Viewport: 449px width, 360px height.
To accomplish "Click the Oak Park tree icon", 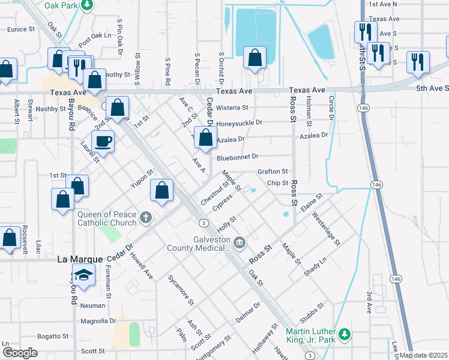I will [x=87, y=5].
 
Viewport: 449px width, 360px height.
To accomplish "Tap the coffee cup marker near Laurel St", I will [x=103, y=142].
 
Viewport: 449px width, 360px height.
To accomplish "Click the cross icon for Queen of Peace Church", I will [x=145, y=217].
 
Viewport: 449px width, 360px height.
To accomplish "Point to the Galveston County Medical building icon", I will [x=240, y=242].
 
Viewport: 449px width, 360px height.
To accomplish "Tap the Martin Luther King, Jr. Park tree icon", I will [x=344, y=334].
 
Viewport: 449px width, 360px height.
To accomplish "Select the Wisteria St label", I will [x=232, y=108].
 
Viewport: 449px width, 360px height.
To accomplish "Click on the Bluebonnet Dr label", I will [x=237, y=157].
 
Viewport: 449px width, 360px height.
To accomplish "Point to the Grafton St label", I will [x=273, y=172].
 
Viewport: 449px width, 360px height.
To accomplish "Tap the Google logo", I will [x=20, y=353].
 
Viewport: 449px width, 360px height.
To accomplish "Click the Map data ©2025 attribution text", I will [x=423, y=355].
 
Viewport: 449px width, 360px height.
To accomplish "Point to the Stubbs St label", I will [x=312, y=309].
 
